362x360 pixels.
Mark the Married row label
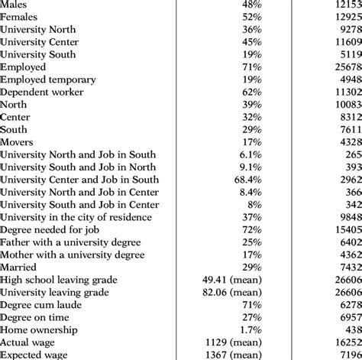click(18, 267)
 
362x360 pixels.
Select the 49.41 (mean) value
click(233, 280)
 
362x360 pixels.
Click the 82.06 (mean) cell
click(233, 292)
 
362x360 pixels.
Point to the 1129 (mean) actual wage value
click(233, 342)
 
